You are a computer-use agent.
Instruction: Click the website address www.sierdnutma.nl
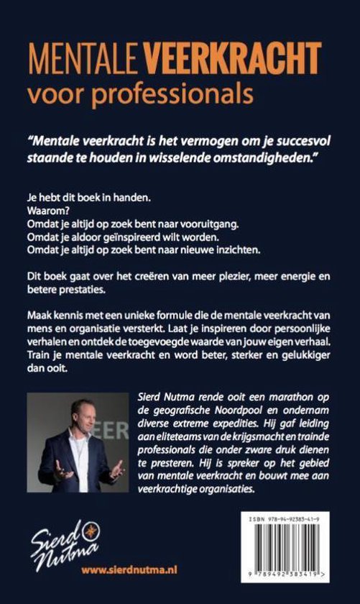[x=129, y=569]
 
